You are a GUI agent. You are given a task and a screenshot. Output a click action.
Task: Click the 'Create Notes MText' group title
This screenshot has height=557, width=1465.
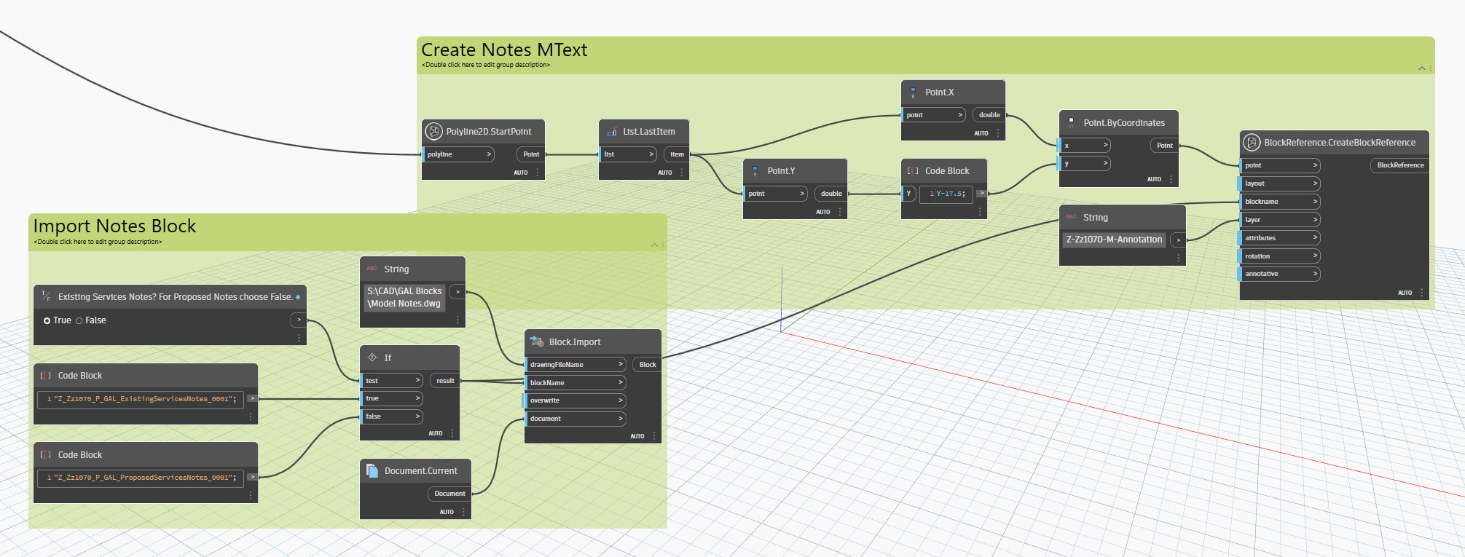(x=504, y=50)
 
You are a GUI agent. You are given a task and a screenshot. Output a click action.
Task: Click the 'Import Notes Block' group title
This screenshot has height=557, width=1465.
(x=114, y=226)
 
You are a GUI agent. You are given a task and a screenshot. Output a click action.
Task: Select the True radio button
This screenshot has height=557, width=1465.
(x=47, y=320)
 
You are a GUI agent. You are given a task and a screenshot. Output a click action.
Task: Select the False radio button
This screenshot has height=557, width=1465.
(x=79, y=320)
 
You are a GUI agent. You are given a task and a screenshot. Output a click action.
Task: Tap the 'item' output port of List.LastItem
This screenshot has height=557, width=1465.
(x=677, y=154)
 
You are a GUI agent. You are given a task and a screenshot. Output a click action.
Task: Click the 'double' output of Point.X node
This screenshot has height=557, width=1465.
(x=989, y=115)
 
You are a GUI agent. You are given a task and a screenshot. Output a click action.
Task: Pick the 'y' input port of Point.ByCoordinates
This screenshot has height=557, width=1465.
(x=1084, y=163)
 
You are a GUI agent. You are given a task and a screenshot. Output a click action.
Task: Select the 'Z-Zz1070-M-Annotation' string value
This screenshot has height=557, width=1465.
(x=1114, y=240)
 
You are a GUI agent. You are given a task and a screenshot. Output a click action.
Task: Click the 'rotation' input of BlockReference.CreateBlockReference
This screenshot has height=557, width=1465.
(x=1281, y=256)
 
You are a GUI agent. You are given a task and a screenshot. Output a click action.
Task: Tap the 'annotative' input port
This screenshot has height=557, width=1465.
(x=1281, y=274)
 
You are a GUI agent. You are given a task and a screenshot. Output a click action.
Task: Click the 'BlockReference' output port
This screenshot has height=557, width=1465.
(x=1400, y=165)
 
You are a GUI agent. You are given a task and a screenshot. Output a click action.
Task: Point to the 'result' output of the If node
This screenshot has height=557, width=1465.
(x=445, y=381)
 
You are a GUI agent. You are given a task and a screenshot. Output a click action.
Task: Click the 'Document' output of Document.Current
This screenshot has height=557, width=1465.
(x=449, y=494)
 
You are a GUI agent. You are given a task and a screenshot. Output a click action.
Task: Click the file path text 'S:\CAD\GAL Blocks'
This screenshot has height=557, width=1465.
(x=404, y=291)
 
